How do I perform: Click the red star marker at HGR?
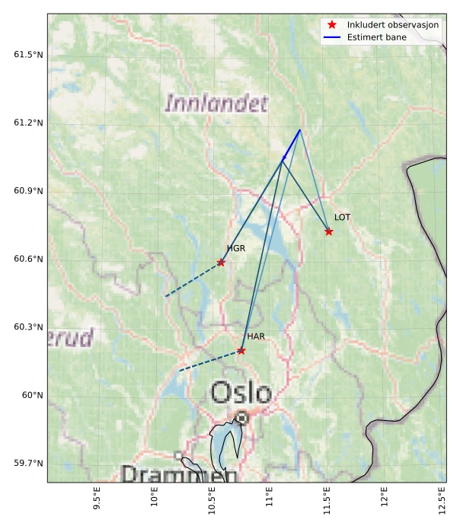(221, 263)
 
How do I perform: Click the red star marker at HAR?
(241, 351)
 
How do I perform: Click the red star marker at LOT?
(329, 231)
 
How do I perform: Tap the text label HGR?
(235, 249)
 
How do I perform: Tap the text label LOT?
(342, 218)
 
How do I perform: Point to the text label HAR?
(256, 336)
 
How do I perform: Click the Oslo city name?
(241, 394)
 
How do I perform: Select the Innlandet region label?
(216, 103)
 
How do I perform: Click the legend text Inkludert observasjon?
(392, 25)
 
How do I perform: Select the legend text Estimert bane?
(376, 37)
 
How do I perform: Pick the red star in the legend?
(332, 25)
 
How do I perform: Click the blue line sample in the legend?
(332, 37)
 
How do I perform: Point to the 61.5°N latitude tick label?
(28, 55)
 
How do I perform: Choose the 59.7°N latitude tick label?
(28, 463)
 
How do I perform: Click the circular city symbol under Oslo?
(241, 418)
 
